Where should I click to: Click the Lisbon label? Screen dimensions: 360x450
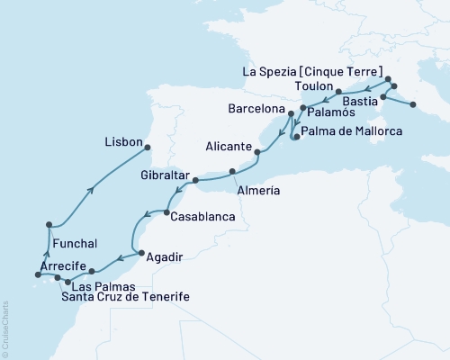pos(123,141)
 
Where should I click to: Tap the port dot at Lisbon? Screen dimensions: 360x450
pos(150,148)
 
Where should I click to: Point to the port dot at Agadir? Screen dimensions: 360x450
pos(134,252)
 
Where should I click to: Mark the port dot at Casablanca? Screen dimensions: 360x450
pos(166,212)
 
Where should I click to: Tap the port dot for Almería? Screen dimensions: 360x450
pos(232,171)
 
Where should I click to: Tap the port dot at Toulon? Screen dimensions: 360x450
pos(337,92)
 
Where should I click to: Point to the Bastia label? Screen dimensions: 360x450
pos(361,103)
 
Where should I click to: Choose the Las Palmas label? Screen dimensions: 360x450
pos(99,285)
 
